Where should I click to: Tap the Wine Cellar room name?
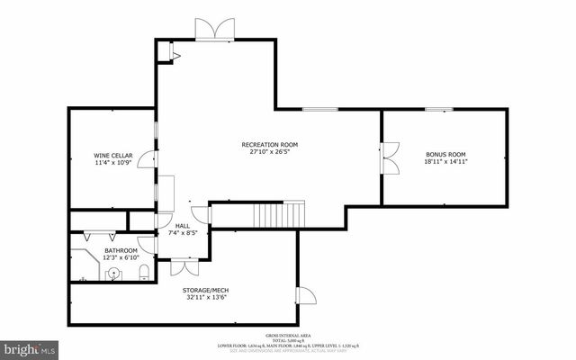pyautogui.click(x=113, y=155)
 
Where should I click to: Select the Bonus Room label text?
pyautogui.click(x=446, y=155)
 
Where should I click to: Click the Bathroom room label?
pyautogui.click(x=121, y=250)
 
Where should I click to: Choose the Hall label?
pyautogui.click(x=183, y=226)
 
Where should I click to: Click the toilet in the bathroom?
pyautogui.click(x=144, y=273)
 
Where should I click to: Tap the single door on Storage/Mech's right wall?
pyautogui.click(x=306, y=296)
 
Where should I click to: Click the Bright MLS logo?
pyautogui.click(x=30, y=346)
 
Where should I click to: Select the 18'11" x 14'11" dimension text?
pyautogui.click(x=446, y=163)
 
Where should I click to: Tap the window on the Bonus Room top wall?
pyautogui.click(x=439, y=110)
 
